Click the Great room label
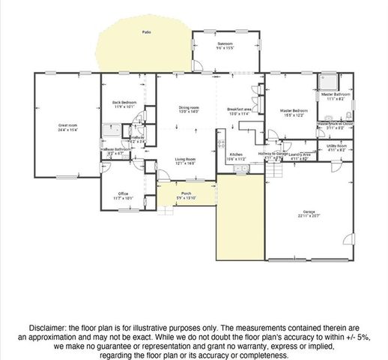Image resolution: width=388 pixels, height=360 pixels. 68,124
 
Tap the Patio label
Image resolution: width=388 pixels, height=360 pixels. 146,33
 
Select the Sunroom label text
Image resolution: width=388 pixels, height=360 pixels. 225,44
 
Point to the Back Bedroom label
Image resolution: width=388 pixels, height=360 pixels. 124,102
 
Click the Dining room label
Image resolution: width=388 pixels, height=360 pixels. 189,108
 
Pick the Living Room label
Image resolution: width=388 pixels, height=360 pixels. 186,159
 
